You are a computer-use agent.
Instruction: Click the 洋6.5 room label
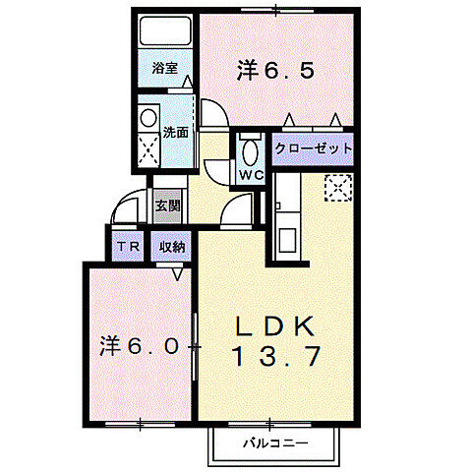click(275, 70)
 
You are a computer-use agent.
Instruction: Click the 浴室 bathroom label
click(165, 69)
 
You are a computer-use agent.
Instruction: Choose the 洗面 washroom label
click(175, 132)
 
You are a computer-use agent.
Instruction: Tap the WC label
click(250, 175)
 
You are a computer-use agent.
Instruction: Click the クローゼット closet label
click(312, 148)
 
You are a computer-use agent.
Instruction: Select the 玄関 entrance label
click(167, 206)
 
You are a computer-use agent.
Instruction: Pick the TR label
click(128, 247)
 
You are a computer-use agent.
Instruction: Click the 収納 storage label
click(173, 247)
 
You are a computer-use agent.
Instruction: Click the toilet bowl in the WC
click(250, 151)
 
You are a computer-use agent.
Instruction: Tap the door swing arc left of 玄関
click(127, 208)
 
